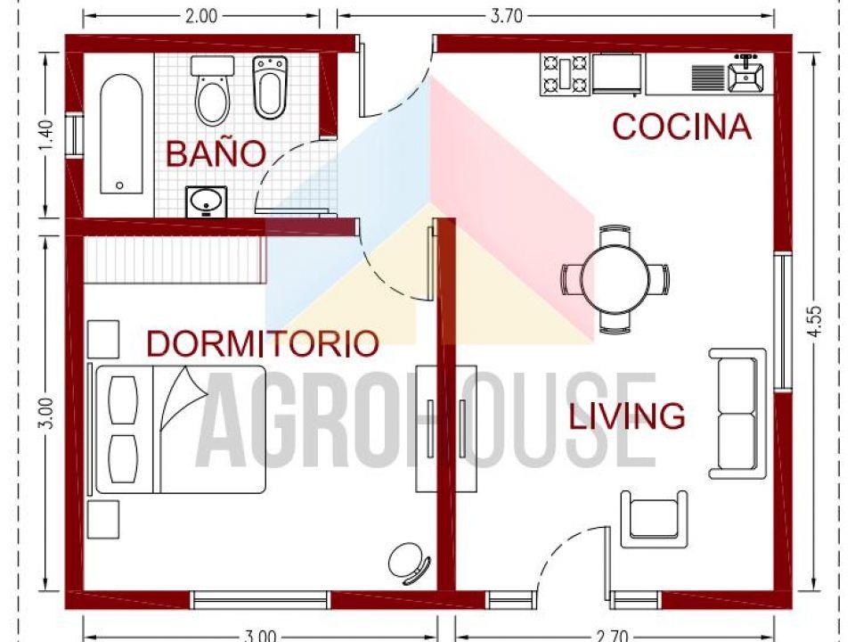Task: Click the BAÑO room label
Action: tap(216, 153)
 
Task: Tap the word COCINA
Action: tap(681, 128)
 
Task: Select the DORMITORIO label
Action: tap(263, 343)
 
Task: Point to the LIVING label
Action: tap(627, 416)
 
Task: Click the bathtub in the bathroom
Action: tap(119, 134)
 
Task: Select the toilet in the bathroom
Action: tap(212, 91)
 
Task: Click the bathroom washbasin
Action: tap(206, 202)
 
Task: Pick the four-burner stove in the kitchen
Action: tap(565, 74)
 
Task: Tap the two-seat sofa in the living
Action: tap(737, 414)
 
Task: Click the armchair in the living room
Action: tap(655, 518)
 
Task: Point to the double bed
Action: tap(180, 429)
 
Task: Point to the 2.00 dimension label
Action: tap(201, 14)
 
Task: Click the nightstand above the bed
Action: tap(102, 338)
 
